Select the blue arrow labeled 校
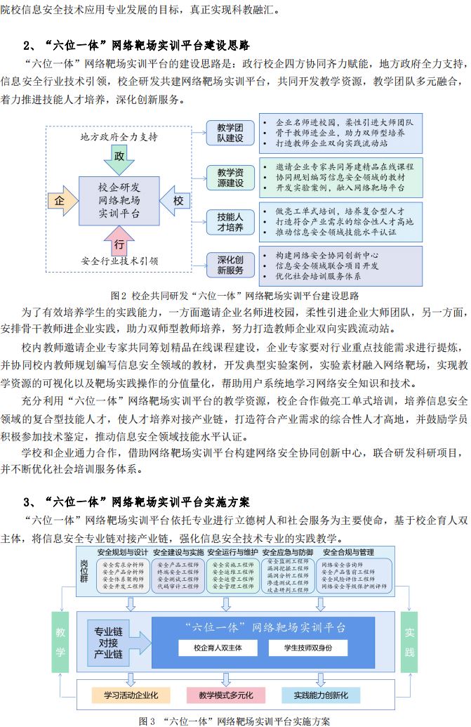pos(175,201)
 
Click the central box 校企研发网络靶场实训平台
pos(119,200)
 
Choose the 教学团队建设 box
pos(229,133)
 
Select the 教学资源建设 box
pos(229,178)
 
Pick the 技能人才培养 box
pos(229,222)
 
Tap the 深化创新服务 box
pos(229,265)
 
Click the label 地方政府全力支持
pos(119,136)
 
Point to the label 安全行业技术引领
pos(119,261)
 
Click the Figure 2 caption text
pos(235,295)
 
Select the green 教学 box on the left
pos(61,642)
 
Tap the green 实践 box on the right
pos(410,642)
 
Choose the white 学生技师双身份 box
pos(308,647)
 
